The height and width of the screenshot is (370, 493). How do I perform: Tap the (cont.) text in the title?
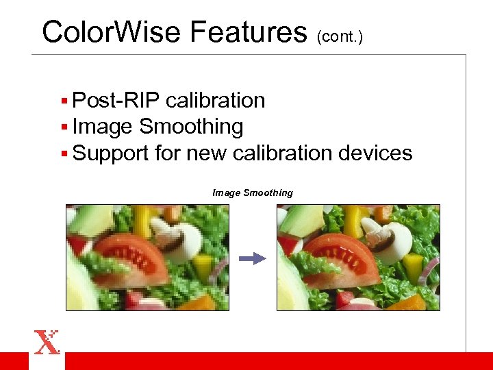point(339,36)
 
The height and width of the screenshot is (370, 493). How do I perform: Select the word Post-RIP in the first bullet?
point(116,101)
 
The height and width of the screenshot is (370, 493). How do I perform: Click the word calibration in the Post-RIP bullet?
point(216,101)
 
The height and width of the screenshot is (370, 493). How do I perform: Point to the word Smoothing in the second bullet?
point(191,127)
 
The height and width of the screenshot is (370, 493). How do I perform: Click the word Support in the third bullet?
point(112,153)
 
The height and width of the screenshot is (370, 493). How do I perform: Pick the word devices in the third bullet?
point(376,153)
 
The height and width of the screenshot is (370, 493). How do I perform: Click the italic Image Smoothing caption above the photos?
point(252,193)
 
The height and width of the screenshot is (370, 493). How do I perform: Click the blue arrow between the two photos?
point(252,258)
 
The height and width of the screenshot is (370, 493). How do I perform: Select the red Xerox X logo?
point(47,341)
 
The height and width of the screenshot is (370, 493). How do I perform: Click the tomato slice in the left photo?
point(127,257)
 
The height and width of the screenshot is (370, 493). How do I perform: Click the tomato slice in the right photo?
point(338,257)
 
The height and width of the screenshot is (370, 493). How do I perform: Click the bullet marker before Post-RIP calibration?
point(64,101)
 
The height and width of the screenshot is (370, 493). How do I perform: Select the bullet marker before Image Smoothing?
point(64,127)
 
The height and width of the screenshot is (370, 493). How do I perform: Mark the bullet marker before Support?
point(64,153)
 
